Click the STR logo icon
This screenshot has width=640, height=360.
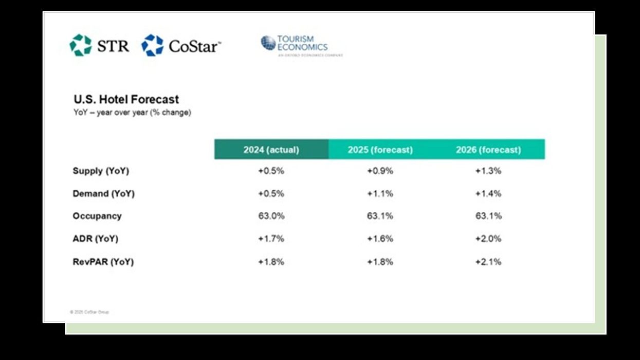coord(81,45)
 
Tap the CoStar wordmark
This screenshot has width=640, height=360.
coord(194,46)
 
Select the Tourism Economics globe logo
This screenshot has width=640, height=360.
coord(268,43)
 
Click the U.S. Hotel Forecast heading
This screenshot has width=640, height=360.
coord(126,99)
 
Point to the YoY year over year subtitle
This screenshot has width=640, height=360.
coord(132,112)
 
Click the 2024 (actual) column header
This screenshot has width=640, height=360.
coord(271,150)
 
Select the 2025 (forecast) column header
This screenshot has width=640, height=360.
coord(380,150)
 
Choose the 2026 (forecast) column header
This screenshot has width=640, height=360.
coord(488,150)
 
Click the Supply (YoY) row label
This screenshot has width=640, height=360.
coord(101,171)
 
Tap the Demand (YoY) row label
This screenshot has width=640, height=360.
coord(103,193)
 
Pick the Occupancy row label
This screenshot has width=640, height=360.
coord(97,216)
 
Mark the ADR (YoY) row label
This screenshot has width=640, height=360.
coord(95,239)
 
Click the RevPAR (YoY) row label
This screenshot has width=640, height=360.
coord(103,262)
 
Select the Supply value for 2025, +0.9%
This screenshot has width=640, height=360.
coord(380,171)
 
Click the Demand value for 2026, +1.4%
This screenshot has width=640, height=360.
coord(488,193)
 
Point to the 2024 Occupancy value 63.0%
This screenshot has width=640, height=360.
coord(271,216)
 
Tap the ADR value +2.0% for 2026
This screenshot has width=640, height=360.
coord(488,239)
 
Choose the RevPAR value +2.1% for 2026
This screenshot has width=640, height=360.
coord(488,262)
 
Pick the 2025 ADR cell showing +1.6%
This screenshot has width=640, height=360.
coord(380,239)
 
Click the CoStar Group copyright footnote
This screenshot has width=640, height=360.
coord(89,312)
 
